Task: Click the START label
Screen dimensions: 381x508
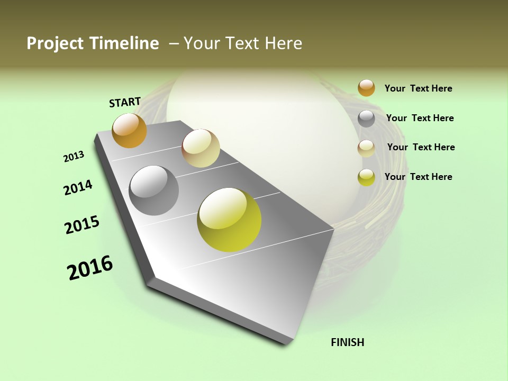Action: click(125, 102)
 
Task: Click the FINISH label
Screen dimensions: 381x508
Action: click(348, 342)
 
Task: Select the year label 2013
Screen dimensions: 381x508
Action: click(74, 157)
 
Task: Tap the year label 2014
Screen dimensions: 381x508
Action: click(78, 187)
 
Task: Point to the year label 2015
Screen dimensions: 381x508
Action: click(82, 225)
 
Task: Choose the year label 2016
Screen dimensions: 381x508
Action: click(90, 268)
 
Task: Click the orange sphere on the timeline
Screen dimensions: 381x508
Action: click(129, 131)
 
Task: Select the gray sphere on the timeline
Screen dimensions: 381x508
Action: click(153, 190)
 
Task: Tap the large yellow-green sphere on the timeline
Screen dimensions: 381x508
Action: click(229, 220)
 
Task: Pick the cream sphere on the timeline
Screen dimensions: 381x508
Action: click(201, 148)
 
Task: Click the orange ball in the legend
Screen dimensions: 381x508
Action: click(366, 88)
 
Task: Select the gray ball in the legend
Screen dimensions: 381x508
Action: click(366, 119)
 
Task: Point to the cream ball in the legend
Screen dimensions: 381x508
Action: click(366, 148)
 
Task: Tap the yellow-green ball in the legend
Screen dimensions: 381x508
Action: click(366, 177)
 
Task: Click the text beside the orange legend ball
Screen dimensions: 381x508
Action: click(418, 88)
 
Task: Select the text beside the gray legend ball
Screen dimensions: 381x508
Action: click(420, 118)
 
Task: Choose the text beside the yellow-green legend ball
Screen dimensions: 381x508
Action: click(418, 177)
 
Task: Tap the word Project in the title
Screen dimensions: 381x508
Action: click(53, 43)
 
